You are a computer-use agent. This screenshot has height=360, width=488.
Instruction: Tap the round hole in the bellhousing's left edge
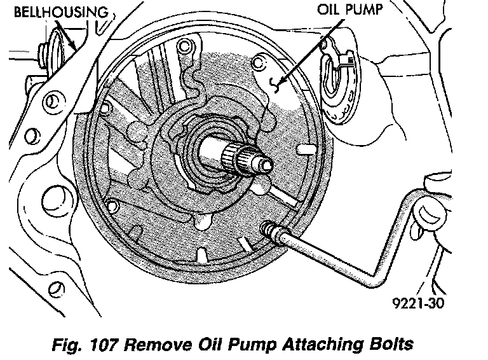(52, 100)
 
